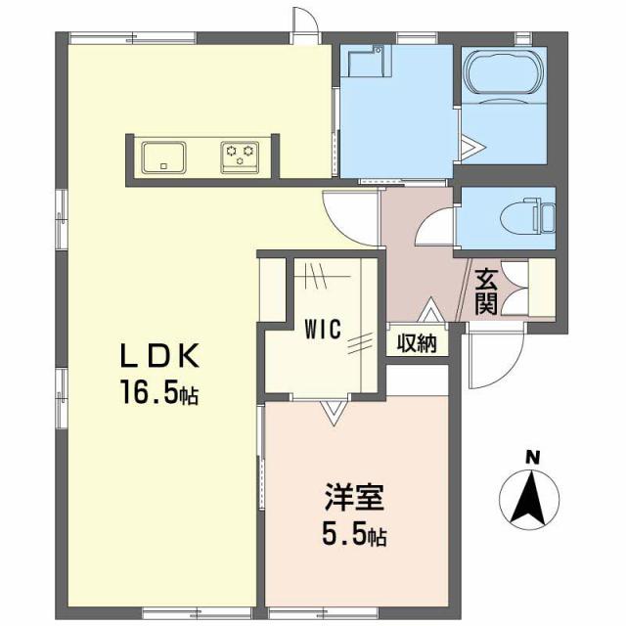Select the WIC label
coord(321,330)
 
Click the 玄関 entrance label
coord(486,290)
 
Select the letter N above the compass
coord(532,456)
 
